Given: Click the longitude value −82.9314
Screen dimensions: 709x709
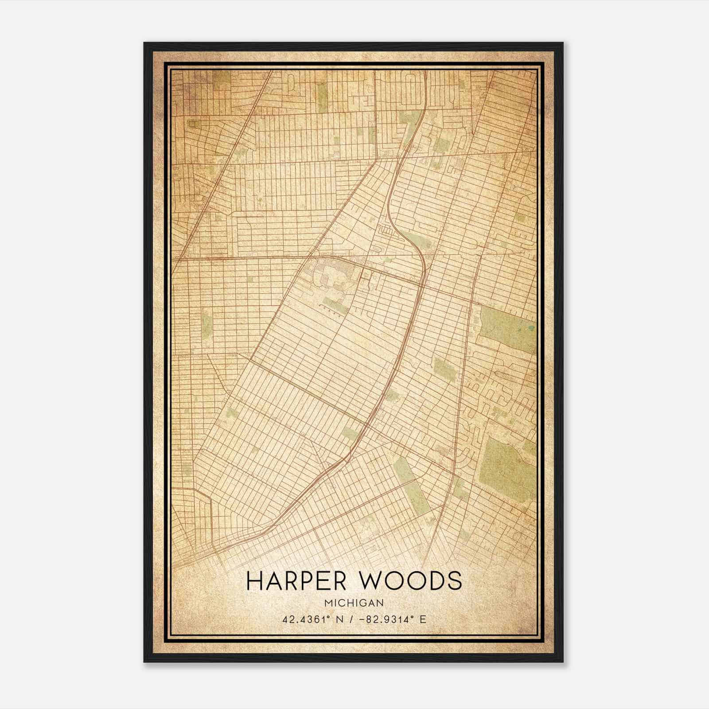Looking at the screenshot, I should pos(385,619).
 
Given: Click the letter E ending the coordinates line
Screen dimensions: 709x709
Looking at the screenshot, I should pos(423,619).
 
